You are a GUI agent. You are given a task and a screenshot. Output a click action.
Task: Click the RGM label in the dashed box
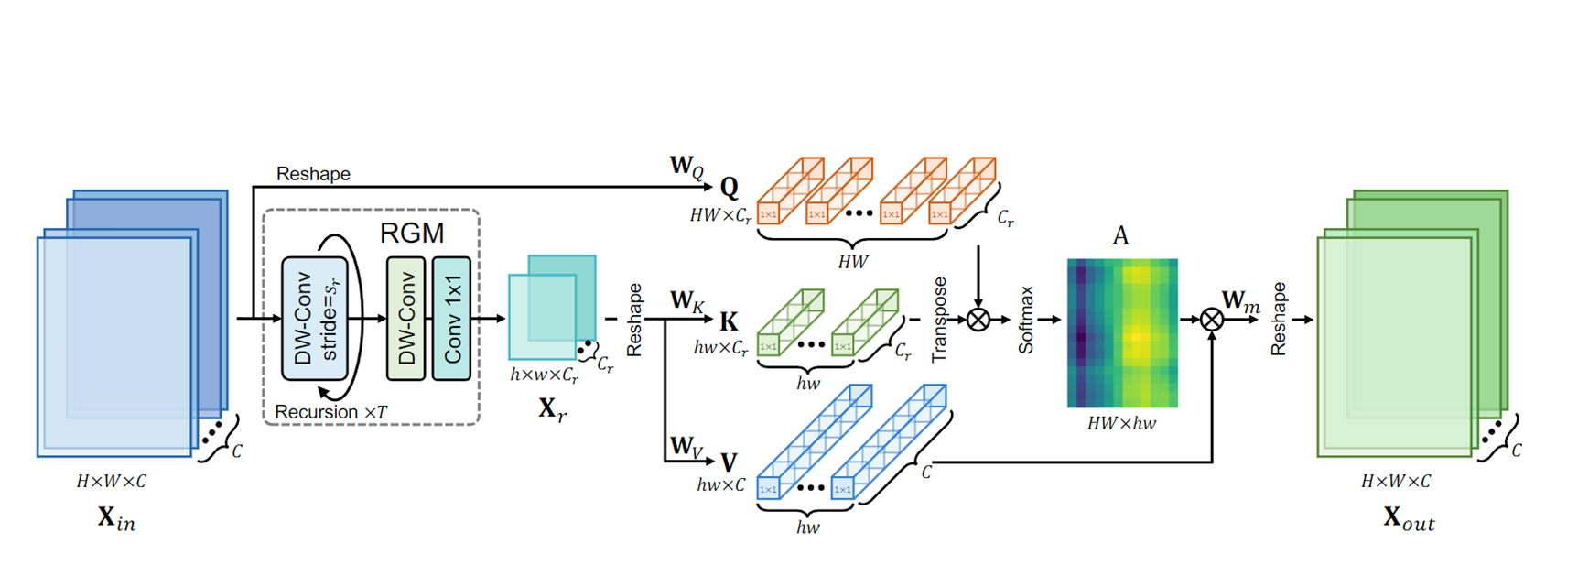coord(412,233)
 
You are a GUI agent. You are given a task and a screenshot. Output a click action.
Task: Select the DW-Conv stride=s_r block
coord(314,318)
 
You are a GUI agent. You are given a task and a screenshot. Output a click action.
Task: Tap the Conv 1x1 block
coord(451,318)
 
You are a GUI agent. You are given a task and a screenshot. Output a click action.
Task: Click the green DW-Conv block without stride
coord(405,318)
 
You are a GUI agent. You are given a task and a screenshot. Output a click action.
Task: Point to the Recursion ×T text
coord(330,412)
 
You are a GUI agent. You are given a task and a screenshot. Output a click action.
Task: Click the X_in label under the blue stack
coord(116,518)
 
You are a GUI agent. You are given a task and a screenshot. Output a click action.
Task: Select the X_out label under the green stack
coord(1408,518)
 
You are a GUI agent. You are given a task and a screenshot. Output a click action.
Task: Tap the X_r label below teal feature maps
coord(552,408)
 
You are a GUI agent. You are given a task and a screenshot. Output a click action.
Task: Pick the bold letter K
coord(729,321)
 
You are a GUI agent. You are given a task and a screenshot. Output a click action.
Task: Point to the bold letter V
coord(729,462)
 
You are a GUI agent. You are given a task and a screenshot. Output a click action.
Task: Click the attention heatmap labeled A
coord(1122,333)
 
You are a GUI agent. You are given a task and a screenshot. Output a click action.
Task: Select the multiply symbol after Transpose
coord(978,320)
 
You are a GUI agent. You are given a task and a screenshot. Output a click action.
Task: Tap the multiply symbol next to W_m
coord(1212,320)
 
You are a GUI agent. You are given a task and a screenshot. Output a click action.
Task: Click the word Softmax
coord(1026,320)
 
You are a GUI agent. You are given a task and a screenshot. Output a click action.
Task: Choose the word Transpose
coord(939,320)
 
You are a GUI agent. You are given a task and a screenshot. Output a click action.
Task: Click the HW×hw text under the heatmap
coord(1121,423)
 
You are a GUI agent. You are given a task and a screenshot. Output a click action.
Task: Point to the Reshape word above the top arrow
coord(313,174)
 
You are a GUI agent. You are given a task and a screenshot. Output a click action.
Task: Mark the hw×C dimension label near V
coord(721,484)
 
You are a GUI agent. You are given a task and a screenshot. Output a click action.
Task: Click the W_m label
coord(1240,300)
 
